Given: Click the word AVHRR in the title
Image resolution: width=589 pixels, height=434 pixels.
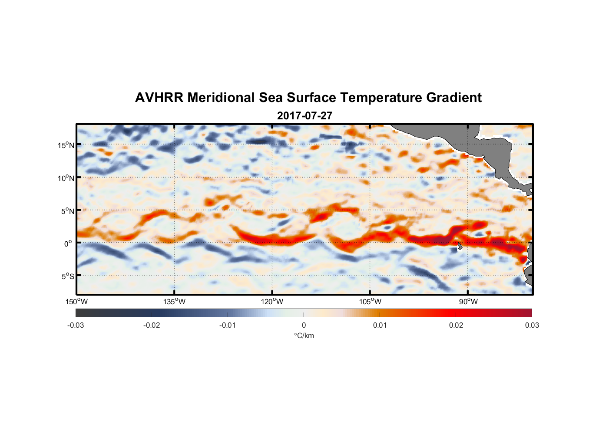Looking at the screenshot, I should click(x=159, y=98).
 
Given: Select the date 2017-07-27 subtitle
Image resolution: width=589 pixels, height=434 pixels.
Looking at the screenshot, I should click(x=304, y=116).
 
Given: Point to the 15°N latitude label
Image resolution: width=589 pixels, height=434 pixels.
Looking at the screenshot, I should click(x=66, y=145).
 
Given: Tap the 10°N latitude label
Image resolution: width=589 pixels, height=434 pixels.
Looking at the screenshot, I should click(x=66, y=178).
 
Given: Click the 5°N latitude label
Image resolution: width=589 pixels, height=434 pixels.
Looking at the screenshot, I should click(x=67, y=211).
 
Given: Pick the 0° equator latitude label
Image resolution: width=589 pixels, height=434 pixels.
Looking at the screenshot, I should click(x=68, y=243).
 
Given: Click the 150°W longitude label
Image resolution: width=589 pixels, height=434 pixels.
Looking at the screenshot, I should click(x=76, y=302).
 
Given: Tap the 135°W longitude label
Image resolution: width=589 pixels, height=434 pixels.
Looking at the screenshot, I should click(x=174, y=302).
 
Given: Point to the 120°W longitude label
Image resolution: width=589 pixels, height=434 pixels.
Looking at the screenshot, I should click(x=272, y=302).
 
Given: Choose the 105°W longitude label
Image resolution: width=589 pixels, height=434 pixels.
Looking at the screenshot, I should click(x=370, y=302).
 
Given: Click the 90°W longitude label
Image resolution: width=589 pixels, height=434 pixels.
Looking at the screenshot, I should click(x=468, y=302).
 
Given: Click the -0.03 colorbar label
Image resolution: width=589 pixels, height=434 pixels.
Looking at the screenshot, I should click(x=76, y=325).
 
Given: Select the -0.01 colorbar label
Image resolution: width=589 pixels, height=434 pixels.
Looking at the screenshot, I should click(x=228, y=325).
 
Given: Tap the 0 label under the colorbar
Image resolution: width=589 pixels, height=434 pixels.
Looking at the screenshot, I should click(x=304, y=325).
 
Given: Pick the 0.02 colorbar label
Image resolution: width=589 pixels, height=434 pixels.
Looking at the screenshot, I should click(x=456, y=325).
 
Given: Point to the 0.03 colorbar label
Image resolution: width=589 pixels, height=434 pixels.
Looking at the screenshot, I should click(x=532, y=325).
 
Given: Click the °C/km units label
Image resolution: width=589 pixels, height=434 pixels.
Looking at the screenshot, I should click(x=304, y=335).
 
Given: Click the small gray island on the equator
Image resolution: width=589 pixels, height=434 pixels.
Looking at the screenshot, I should click(x=460, y=246).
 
